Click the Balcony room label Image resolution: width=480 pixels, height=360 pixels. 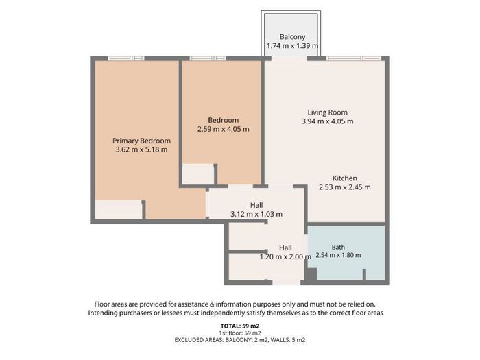(x=292, y=37)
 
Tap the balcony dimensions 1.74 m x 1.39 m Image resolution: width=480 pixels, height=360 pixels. (x=292, y=46)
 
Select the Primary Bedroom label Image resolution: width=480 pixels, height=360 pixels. (x=141, y=141)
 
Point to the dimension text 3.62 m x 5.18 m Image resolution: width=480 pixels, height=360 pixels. (x=141, y=149)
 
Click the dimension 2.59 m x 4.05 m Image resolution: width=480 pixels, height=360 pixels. (x=223, y=129)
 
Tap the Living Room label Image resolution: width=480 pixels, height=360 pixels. (x=328, y=112)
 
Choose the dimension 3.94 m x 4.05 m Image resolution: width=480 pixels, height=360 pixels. (x=328, y=121)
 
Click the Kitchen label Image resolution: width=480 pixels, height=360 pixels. (x=345, y=178)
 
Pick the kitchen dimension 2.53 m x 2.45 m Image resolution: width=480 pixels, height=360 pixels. (x=345, y=187)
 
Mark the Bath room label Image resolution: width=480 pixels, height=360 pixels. (x=338, y=247)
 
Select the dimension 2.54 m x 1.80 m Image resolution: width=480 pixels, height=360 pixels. (x=338, y=255)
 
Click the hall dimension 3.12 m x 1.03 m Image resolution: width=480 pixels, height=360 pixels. (x=256, y=214)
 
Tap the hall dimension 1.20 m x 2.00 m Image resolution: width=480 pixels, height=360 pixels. (x=285, y=257)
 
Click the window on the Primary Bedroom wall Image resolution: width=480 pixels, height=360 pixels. (x=125, y=58)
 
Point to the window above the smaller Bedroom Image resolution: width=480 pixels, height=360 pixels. (x=208, y=58)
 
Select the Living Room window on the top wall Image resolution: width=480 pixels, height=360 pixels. (x=354, y=58)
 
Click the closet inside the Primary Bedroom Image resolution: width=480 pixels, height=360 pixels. (x=119, y=210)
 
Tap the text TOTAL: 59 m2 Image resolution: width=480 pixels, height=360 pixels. (x=240, y=326)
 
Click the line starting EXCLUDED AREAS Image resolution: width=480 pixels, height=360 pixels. (x=240, y=340)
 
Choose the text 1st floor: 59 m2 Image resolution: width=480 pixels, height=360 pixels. (x=240, y=333)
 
